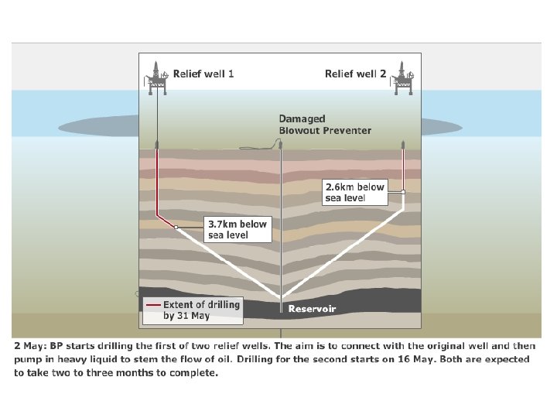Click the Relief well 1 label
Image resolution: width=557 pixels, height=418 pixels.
coord(203,74)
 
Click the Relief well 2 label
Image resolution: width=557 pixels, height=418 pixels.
coord(355,74)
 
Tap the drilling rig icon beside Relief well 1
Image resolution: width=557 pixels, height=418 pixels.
coord(158,78)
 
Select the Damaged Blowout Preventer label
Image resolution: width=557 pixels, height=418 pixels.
coord(325,125)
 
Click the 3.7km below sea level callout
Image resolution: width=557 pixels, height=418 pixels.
coord(237,229)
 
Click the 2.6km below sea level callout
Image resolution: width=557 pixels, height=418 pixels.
coord(354,192)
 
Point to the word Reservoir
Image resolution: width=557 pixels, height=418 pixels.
coord(312,309)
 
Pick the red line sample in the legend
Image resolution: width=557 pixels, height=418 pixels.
coord(152,305)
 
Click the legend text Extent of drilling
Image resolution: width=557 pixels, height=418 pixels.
coord(202,304)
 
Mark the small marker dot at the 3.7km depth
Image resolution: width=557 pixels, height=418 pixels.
coord(176,227)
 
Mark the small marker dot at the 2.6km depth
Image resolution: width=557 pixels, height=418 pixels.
coord(403,191)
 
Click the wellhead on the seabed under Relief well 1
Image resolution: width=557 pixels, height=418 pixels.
coord(157,145)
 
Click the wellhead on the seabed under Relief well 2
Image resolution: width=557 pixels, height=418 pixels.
coord(403,145)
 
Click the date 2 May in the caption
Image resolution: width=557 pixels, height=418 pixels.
coord(31,345)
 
